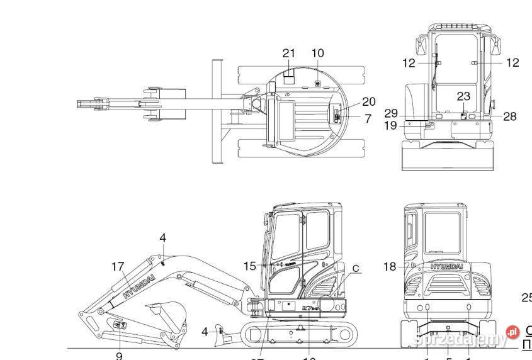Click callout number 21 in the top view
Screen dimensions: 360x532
pos(288,53)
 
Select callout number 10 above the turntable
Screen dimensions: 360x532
pos(317,53)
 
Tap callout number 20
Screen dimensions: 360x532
pos(368,102)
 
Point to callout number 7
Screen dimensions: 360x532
pos(368,118)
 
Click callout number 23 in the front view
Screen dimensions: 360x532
pos(463,97)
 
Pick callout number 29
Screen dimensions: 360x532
pos(391,113)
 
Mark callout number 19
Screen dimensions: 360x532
pos(390,125)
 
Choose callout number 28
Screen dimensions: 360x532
pos(510,116)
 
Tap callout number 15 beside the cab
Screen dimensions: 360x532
pos(251,266)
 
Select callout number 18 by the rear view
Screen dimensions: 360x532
pos(390,267)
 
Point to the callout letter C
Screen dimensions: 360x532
pos(356,269)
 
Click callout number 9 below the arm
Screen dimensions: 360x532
pos(119,356)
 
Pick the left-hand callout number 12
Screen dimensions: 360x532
pos(409,62)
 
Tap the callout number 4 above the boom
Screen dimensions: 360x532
pos(162,238)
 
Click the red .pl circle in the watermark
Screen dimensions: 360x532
pos(513,332)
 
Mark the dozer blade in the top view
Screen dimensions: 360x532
pos(217,111)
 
